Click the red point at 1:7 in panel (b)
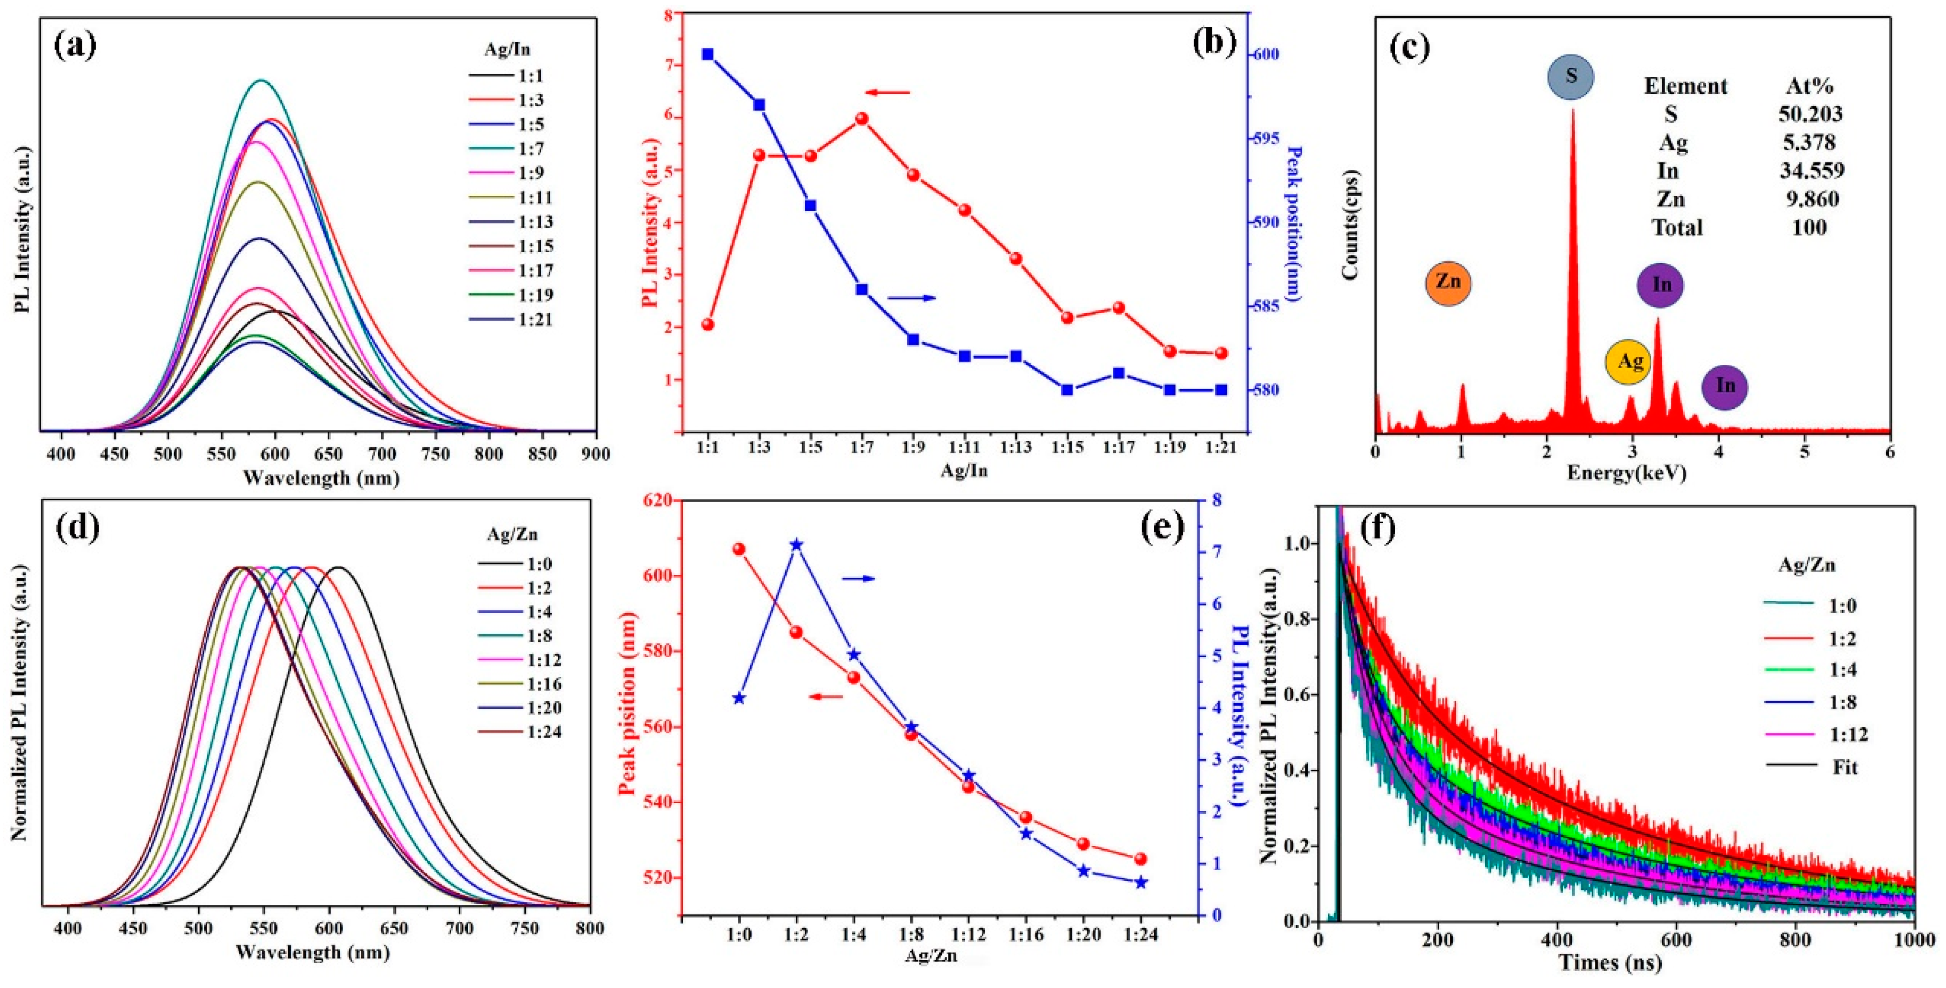[x=862, y=119]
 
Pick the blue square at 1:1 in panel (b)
[x=707, y=55]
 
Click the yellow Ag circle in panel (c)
[x=1629, y=362]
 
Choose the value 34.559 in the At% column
[x=1812, y=171]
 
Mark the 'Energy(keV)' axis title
[x=1626, y=473]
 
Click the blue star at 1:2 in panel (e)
[x=796, y=545]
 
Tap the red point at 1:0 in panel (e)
[x=739, y=549]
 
